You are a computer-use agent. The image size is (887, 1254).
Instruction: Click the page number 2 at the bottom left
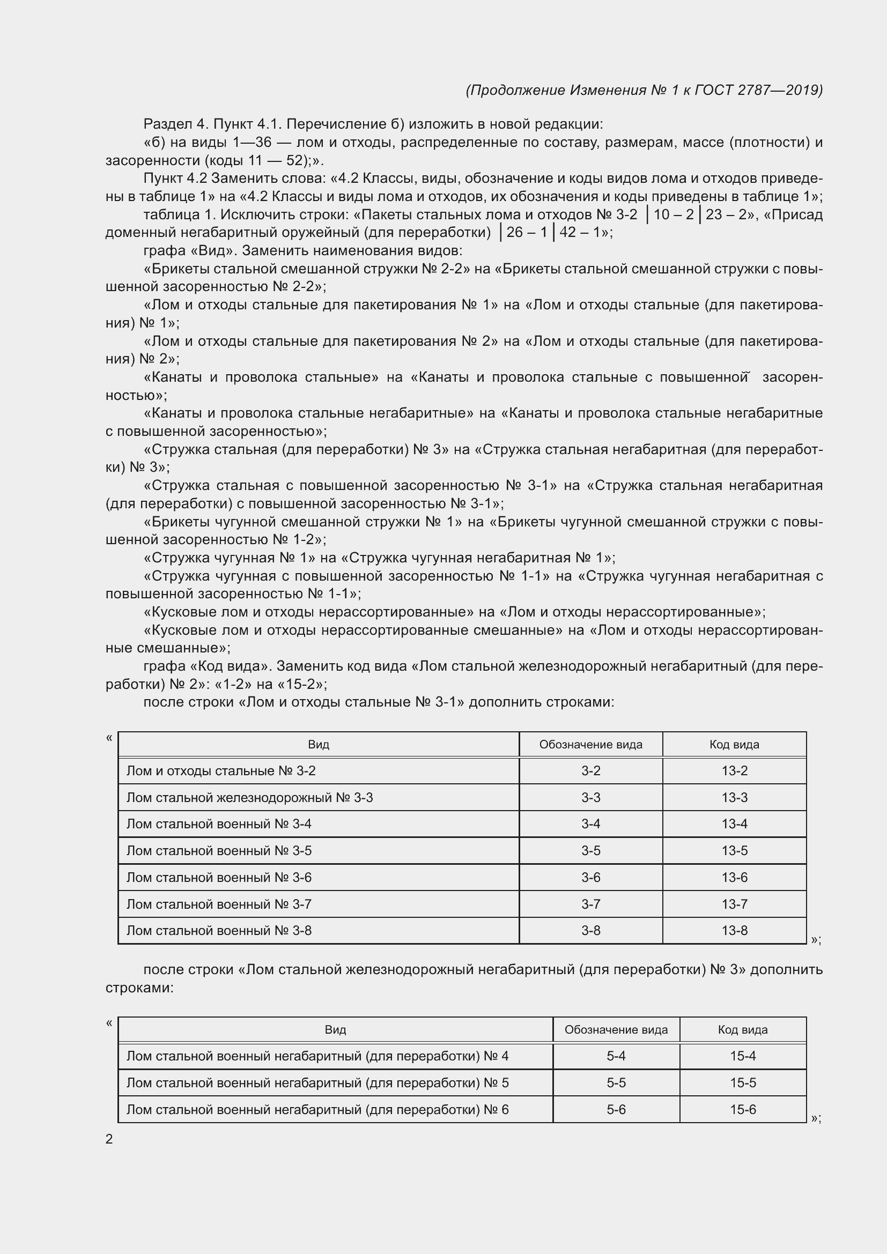pyautogui.click(x=109, y=1139)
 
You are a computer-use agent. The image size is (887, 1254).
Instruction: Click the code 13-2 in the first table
pyautogui.click(x=734, y=770)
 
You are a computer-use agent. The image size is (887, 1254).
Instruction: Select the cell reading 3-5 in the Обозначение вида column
pyautogui.click(x=590, y=850)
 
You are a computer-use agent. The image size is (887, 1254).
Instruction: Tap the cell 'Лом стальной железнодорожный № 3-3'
pyautogui.click(x=249, y=797)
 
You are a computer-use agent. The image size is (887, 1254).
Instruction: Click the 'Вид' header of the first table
pyautogui.click(x=319, y=745)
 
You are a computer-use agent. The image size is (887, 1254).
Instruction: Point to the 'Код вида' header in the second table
pyautogui.click(x=743, y=1029)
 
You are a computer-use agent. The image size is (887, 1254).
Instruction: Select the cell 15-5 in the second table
pyautogui.click(x=743, y=1082)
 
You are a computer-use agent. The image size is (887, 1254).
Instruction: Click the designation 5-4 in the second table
pyautogui.click(x=616, y=1056)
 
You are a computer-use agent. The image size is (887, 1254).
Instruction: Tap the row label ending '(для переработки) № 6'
pyautogui.click(x=317, y=1109)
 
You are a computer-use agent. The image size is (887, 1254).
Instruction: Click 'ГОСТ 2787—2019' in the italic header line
pyautogui.click(x=758, y=90)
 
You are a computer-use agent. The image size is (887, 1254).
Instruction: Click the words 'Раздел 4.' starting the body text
pyautogui.click(x=176, y=124)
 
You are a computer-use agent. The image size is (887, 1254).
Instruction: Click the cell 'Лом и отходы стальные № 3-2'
pyautogui.click(x=220, y=770)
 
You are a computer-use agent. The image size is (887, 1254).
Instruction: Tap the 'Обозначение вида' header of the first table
pyautogui.click(x=590, y=745)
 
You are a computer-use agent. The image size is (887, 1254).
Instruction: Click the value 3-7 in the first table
pyautogui.click(x=590, y=904)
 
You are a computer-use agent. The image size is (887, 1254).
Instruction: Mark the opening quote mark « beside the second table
pyautogui.click(x=109, y=1022)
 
